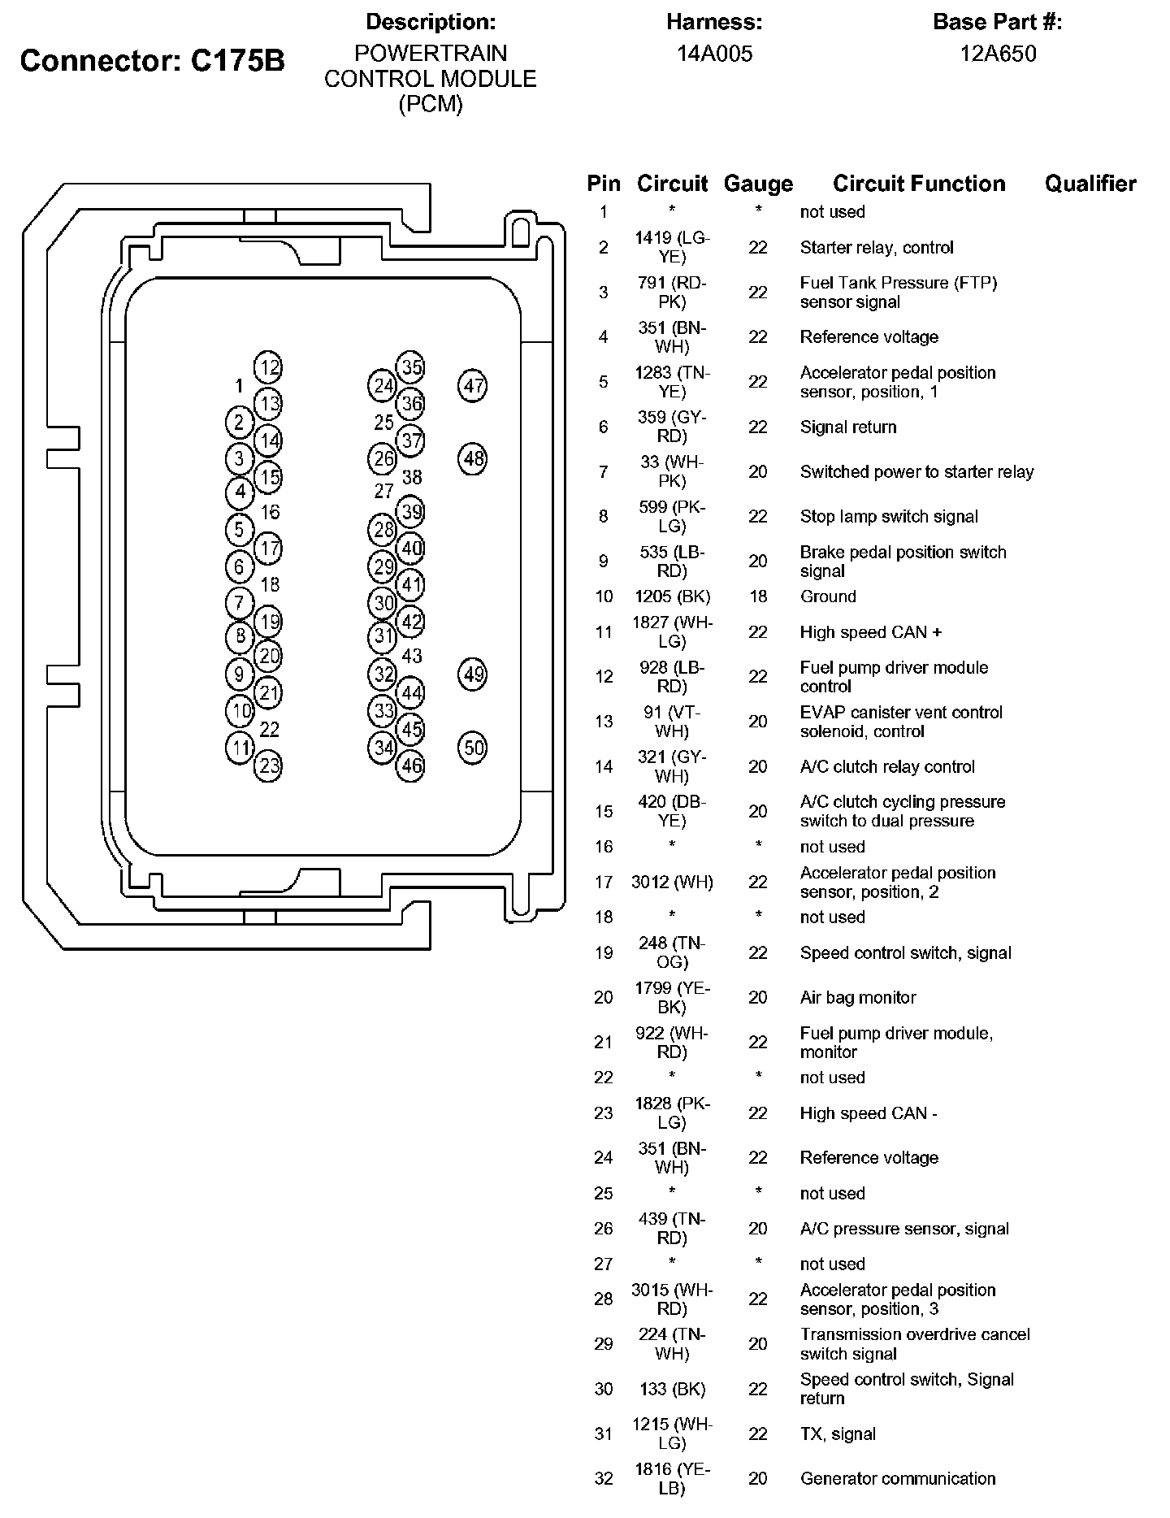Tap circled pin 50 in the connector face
point(473,747)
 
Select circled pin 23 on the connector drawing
point(269,766)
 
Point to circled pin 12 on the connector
point(269,367)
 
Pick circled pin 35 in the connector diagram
point(412,366)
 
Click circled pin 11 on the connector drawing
point(240,748)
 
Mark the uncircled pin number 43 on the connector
point(412,656)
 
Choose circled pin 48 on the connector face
point(473,458)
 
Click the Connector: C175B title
point(152,60)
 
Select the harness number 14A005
point(714,54)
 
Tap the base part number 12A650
point(997,54)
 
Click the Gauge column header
point(757,184)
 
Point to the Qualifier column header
point(1090,184)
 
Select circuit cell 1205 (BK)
point(672,596)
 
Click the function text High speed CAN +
point(870,632)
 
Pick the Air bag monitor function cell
point(857,997)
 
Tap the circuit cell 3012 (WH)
point(672,882)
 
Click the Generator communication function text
point(897,1478)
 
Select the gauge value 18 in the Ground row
point(757,596)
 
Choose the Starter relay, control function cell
point(876,247)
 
